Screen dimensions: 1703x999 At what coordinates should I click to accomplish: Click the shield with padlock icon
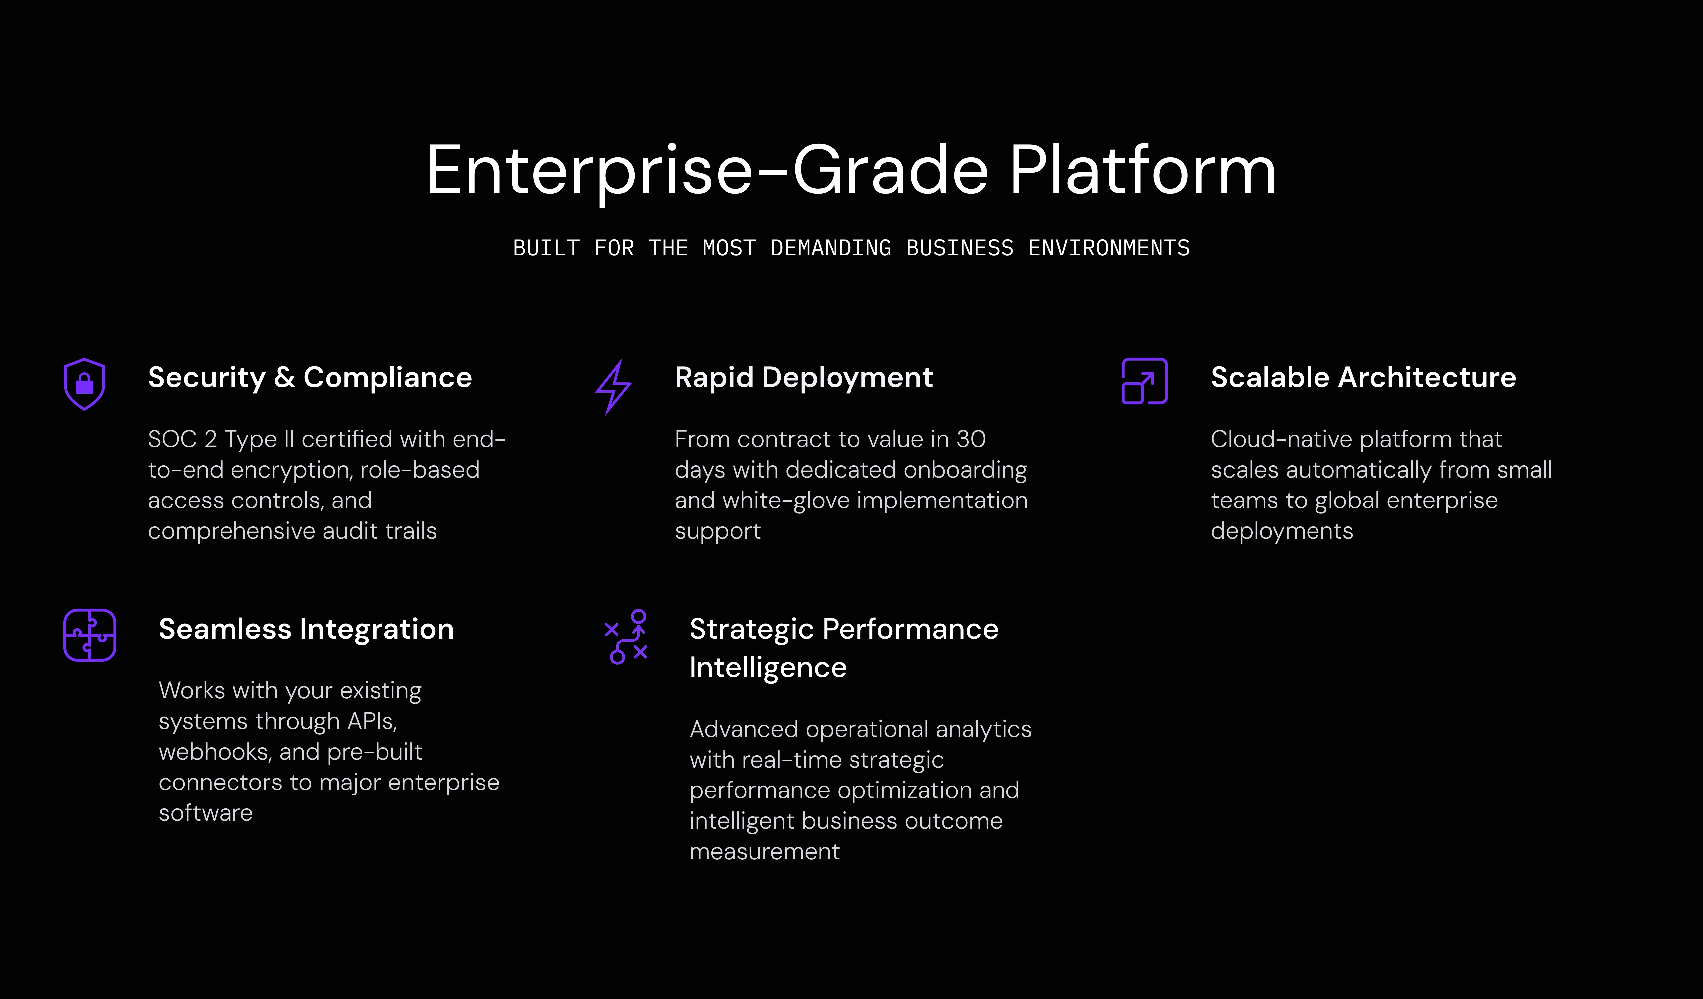pyautogui.click(x=84, y=384)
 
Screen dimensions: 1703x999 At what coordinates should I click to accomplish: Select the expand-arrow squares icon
pyautogui.click(x=1144, y=381)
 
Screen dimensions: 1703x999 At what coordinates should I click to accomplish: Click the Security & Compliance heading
pyautogui.click(x=310, y=377)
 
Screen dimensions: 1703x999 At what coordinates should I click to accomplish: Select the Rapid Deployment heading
pyautogui.click(x=804, y=377)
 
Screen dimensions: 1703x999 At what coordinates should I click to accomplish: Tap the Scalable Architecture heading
pyautogui.click(x=1363, y=377)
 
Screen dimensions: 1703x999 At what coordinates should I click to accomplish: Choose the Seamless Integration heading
pyautogui.click(x=306, y=629)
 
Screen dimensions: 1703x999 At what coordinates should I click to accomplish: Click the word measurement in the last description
pyautogui.click(x=764, y=852)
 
